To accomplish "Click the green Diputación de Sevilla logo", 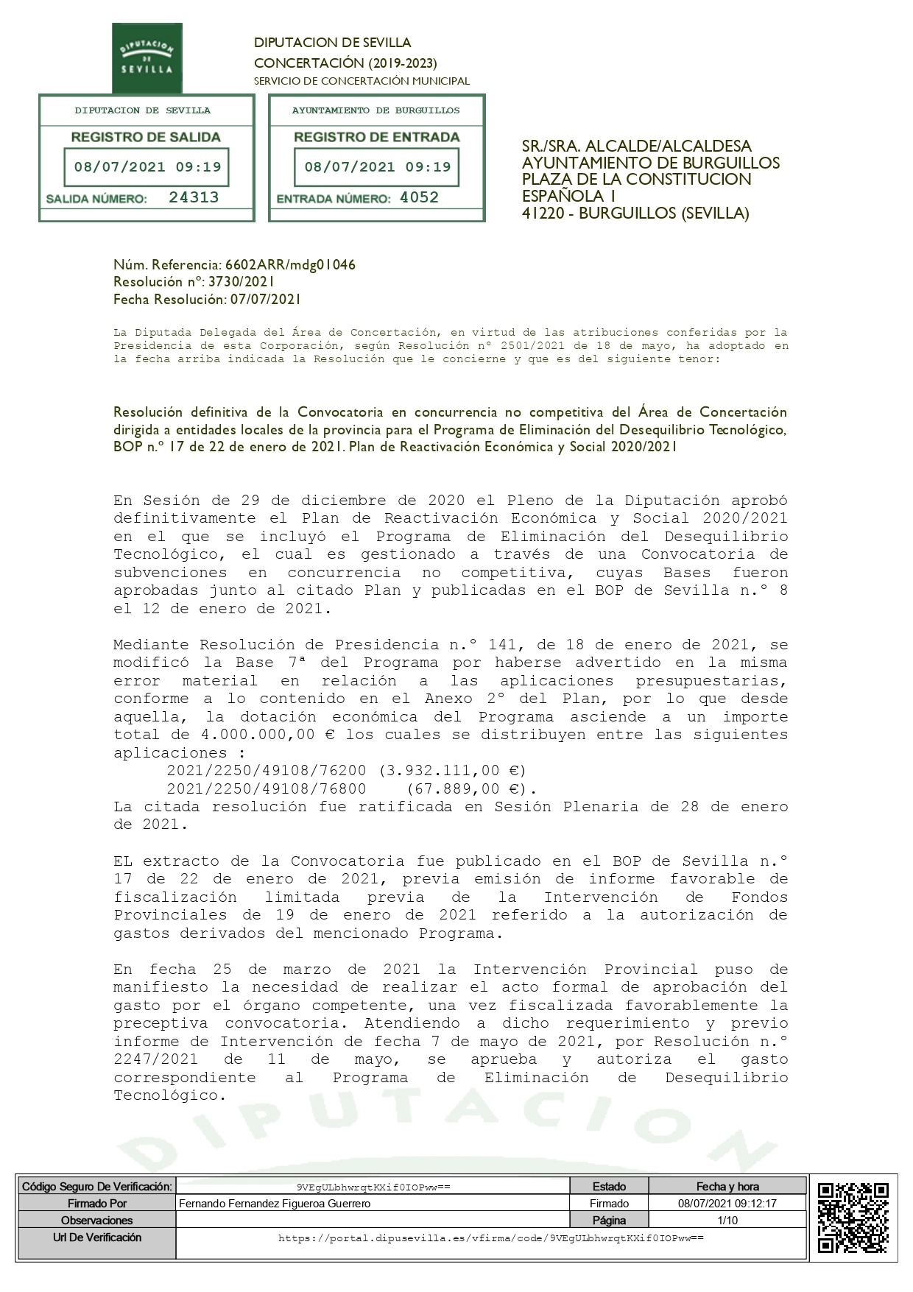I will click(x=147, y=57).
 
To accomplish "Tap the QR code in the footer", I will click(x=853, y=1217).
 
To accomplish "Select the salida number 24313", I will click(x=194, y=197).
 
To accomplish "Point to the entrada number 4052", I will click(x=419, y=197).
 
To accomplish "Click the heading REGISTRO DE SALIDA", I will click(x=146, y=137).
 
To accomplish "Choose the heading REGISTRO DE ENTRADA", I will click(x=376, y=137).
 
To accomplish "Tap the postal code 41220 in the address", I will click(x=544, y=213).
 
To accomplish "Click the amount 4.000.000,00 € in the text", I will click(x=270, y=735).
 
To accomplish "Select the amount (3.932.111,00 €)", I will click(x=452, y=771).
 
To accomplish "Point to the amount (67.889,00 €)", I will click(x=471, y=789).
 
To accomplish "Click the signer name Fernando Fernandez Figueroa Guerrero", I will click(x=275, y=1204).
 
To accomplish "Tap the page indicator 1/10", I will click(x=727, y=1221).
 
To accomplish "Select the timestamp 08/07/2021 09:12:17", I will click(x=727, y=1204).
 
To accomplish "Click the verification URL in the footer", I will click(x=490, y=1238).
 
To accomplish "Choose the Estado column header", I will click(x=609, y=1187).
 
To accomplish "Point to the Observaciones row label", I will click(x=96, y=1221).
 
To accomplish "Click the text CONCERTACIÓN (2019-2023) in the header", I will click(x=345, y=63).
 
